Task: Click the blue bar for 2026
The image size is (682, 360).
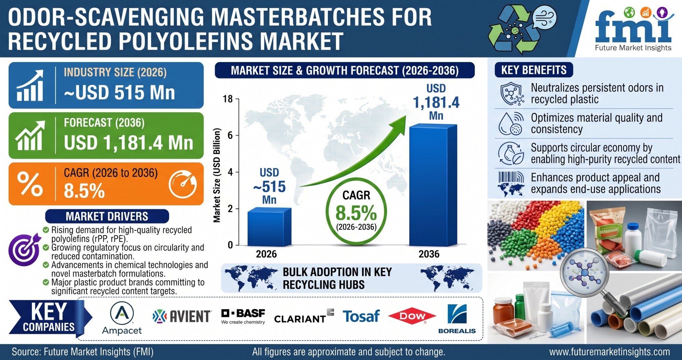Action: click(x=269, y=227)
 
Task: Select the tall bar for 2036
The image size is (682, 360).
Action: click(x=433, y=185)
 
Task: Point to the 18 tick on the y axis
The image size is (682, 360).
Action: click(x=228, y=99)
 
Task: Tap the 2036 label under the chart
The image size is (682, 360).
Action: click(x=429, y=254)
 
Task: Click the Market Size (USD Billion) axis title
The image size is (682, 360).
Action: click(x=217, y=175)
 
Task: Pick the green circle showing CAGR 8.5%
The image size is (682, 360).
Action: click(x=356, y=211)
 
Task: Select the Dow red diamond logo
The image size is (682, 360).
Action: click(x=412, y=317)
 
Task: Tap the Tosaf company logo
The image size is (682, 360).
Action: click(x=361, y=316)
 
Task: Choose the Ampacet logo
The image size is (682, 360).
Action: click(x=122, y=318)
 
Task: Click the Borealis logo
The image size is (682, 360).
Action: click(x=457, y=319)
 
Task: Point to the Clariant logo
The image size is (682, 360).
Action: click(x=304, y=317)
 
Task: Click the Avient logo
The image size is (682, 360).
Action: click(x=182, y=317)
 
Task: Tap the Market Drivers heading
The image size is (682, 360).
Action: click(x=107, y=216)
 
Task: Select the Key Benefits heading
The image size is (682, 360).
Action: click(x=534, y=70)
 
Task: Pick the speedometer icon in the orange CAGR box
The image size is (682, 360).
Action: click(x=183, y=184)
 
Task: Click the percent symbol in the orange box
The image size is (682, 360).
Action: click(x=30, y=184)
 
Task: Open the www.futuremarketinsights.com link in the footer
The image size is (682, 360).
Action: click(x=609, y=352)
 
